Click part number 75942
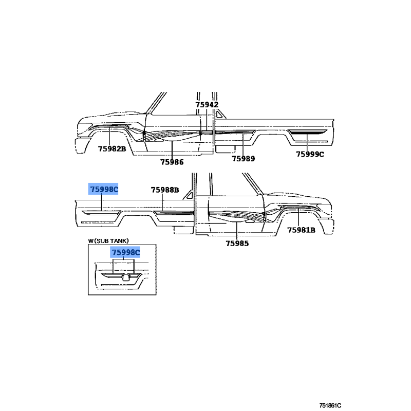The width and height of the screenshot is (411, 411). click(207, 105)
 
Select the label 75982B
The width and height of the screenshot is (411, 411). click(112, 149)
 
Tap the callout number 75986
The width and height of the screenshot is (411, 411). click(172, 162)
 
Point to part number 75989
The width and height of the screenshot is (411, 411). click(243, 159)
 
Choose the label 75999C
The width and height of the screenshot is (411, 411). click(310, 154)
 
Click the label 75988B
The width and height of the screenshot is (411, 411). click(165, 190)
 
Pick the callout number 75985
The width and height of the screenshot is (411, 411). click(237, 244)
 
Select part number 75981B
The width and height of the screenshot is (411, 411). click(301, 230)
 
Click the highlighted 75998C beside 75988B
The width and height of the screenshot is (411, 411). click(104, 190)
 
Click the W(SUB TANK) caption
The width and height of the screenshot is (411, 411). click(108, 240)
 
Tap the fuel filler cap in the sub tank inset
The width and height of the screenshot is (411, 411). click(125, 278)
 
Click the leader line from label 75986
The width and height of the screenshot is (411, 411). click(172, 149)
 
